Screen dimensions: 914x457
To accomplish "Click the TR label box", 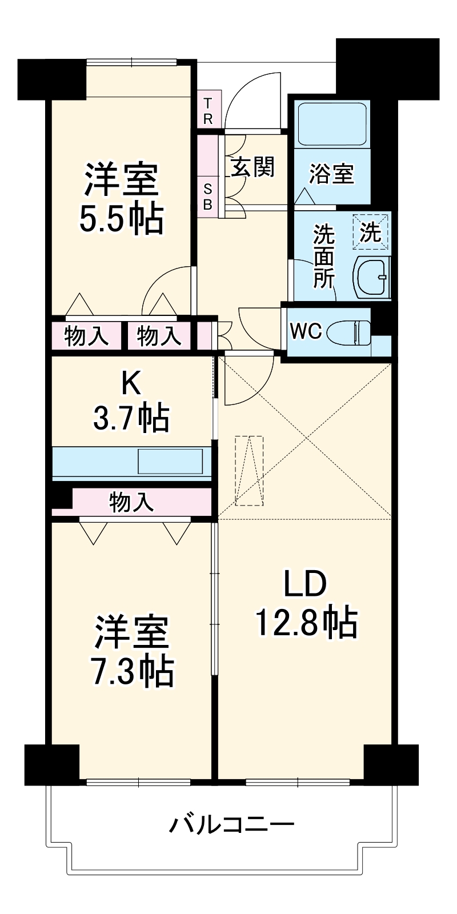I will point(208,111).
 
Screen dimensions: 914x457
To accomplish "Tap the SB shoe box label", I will point(207,195).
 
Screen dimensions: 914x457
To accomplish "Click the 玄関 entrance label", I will point(252,167).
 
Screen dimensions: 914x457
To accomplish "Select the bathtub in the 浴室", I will point(332,124).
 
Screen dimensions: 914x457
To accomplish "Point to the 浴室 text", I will point(331,174).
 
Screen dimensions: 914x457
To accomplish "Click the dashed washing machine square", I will point(370,231).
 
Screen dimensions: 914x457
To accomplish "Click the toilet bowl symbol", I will point(350,332).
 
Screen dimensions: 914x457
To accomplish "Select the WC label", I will point(306,331).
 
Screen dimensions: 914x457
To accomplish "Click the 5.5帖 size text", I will point(121,219).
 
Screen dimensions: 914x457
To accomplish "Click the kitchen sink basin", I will point(170,462).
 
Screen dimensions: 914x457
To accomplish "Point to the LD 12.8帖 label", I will point(306,604).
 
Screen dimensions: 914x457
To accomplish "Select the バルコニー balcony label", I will point(231,825).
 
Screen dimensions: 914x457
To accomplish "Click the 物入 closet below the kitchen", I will point(131,502).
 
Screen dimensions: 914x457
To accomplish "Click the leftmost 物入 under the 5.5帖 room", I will point(86,336).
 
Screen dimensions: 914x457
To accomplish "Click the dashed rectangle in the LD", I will point(250,471).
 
